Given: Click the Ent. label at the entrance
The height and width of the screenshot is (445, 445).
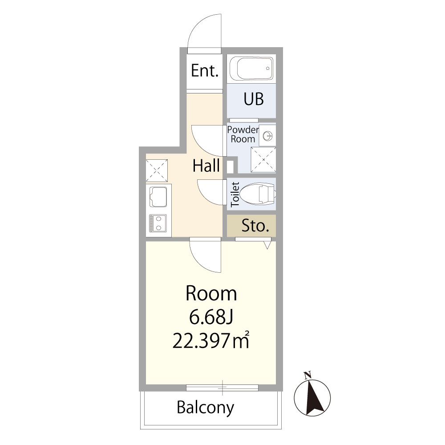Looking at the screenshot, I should click(x=205, y=71).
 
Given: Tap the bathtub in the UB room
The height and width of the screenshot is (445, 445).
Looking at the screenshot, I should click(x=251, y=69).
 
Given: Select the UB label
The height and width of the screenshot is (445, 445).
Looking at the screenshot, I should click(x=253, y=99).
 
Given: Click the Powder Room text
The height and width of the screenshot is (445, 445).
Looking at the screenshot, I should click(x=243, y=134).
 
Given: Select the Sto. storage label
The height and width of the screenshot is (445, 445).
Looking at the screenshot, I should click(x=255, y=227).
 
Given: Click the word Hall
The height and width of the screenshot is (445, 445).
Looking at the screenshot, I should click(x=206, y=166).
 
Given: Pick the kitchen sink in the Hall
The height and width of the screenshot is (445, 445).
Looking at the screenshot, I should click(x=158, y=196).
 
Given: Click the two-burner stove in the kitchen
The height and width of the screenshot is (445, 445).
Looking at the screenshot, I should click(x=157, y=223).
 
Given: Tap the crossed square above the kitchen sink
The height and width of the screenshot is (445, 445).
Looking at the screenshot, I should click(x=157, y=171).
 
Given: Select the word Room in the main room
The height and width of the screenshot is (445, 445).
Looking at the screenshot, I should click(x=211, y=294).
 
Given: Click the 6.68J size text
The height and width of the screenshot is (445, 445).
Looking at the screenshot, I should click(x=211, y=318).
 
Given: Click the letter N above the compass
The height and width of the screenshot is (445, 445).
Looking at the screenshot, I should click(x=307, y=375).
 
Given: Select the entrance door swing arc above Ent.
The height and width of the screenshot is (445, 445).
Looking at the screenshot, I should click(x=205, y=31).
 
